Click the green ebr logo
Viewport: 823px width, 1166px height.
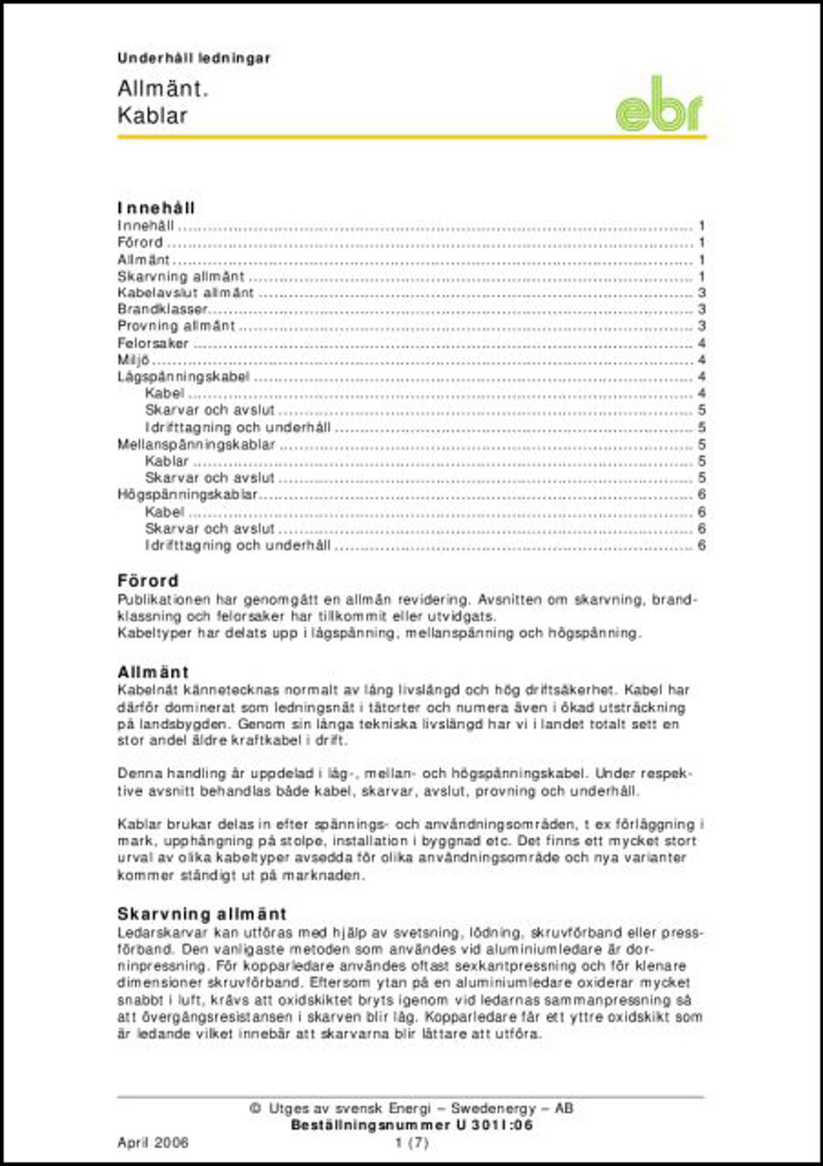658,106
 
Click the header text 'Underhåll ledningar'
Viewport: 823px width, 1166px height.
193,58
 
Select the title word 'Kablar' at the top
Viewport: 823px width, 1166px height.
152,116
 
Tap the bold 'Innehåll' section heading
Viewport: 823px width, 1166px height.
156,208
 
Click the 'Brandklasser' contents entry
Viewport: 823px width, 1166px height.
162,310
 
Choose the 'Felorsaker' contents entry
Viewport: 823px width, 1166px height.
153,344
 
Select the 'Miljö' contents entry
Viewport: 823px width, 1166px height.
134,360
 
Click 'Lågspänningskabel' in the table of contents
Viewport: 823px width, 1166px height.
183,377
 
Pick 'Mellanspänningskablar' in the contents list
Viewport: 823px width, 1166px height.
196,444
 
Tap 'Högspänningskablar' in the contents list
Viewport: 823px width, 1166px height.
187,495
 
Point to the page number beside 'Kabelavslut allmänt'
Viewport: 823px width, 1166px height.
702,293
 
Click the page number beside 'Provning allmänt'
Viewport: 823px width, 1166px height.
702,327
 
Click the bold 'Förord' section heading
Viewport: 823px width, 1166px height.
148,581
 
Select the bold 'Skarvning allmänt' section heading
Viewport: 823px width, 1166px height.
202,914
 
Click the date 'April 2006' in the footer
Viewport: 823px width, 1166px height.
153,1142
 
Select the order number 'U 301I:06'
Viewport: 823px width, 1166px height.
495,1125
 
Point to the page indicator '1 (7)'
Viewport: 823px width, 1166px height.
411,1142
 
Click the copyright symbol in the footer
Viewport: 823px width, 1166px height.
255,1108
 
